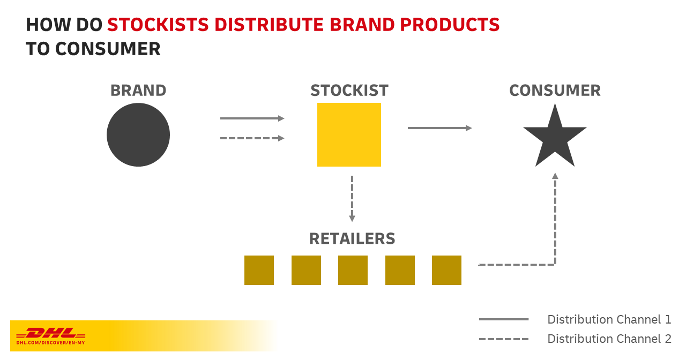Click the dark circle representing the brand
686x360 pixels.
138,135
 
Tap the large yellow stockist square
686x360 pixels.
349,134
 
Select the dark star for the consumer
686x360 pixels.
555,137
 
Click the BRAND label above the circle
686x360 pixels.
138,91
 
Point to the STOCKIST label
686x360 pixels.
349,91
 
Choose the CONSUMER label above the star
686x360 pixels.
555,91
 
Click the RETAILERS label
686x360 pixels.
352,238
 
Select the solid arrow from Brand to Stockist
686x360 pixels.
252,118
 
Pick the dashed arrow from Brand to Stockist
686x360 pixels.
252,138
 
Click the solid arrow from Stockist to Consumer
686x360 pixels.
439,128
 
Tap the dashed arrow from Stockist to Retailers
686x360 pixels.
352,198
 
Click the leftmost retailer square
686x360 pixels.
259,270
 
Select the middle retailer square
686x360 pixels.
353,270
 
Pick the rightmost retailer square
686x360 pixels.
446,270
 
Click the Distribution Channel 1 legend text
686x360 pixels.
609,319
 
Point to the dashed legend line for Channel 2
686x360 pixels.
504,339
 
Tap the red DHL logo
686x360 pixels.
51,333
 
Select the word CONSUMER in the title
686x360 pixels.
108,49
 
